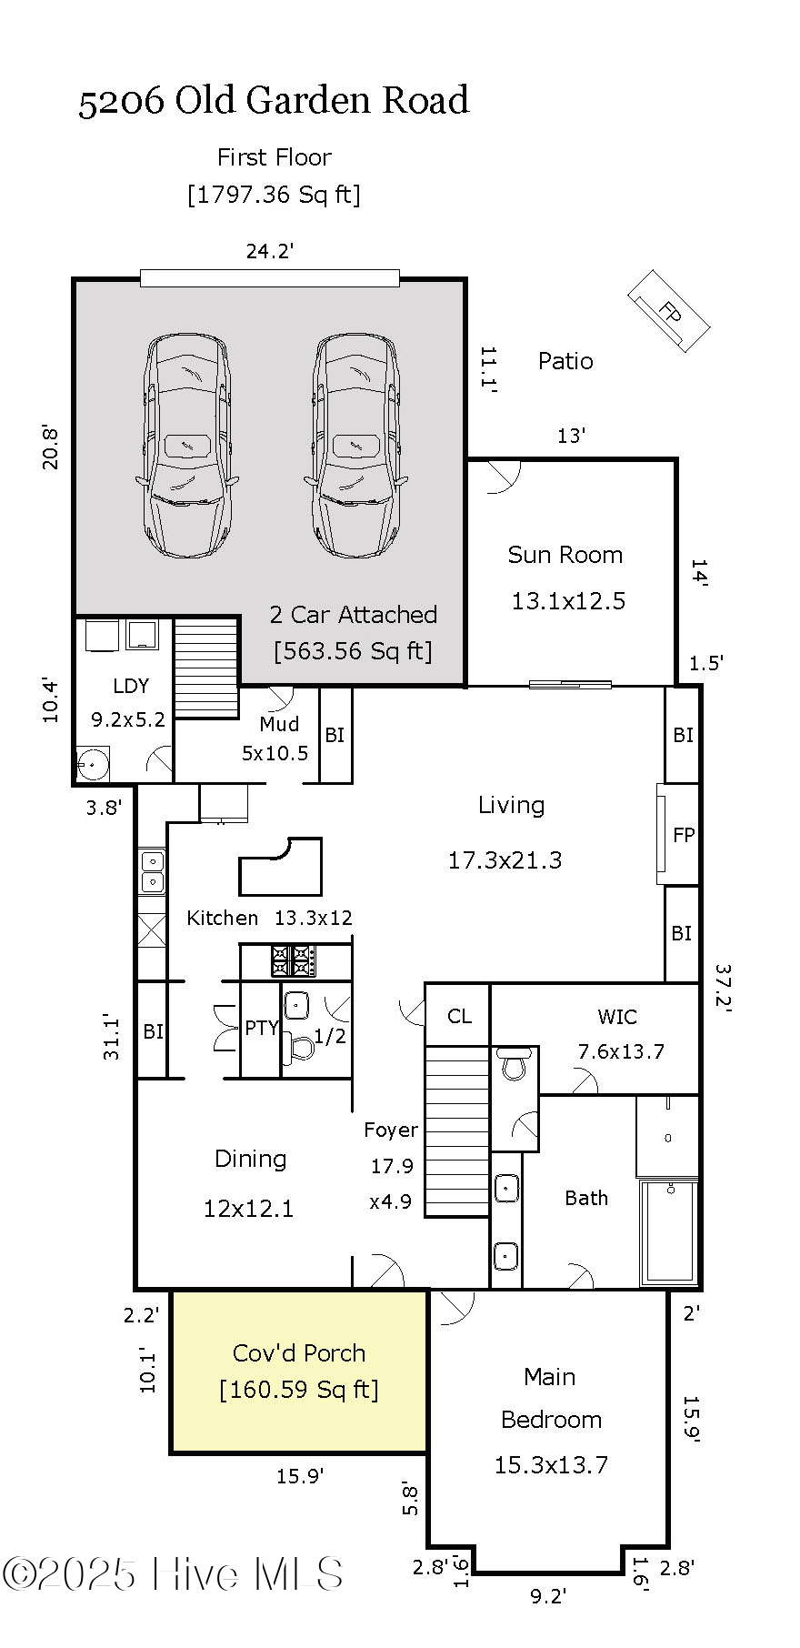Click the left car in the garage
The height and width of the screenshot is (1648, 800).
tap(187, 446)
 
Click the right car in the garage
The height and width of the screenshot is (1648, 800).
tap(356, 446)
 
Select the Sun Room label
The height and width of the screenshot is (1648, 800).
tap(565, 555)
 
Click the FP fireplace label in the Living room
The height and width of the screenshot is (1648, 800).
tap(684, 835)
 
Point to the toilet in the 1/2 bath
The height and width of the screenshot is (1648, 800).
tap(299, 1047)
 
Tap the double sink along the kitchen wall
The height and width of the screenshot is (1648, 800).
tap(152, 871)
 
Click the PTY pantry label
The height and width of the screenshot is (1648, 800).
tap(261, 1028)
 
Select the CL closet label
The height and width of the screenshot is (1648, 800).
tap(459, 1016)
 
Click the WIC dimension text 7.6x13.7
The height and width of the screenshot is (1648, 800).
tap(621, 1051)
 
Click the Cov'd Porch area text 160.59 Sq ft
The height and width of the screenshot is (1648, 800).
tap(298, 1390)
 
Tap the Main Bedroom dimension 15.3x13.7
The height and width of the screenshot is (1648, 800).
tap(551, 1464)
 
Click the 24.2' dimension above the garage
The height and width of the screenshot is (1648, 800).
tap(270, 251)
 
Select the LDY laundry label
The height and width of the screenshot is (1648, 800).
tap(131, 686)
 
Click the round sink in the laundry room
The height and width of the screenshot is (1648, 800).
tap(92, 765)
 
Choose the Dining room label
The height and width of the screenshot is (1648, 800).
tap(250, 1159)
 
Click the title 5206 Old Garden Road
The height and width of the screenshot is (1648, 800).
tap(274, 100)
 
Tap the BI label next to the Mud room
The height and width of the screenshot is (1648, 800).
tap(335, 735)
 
